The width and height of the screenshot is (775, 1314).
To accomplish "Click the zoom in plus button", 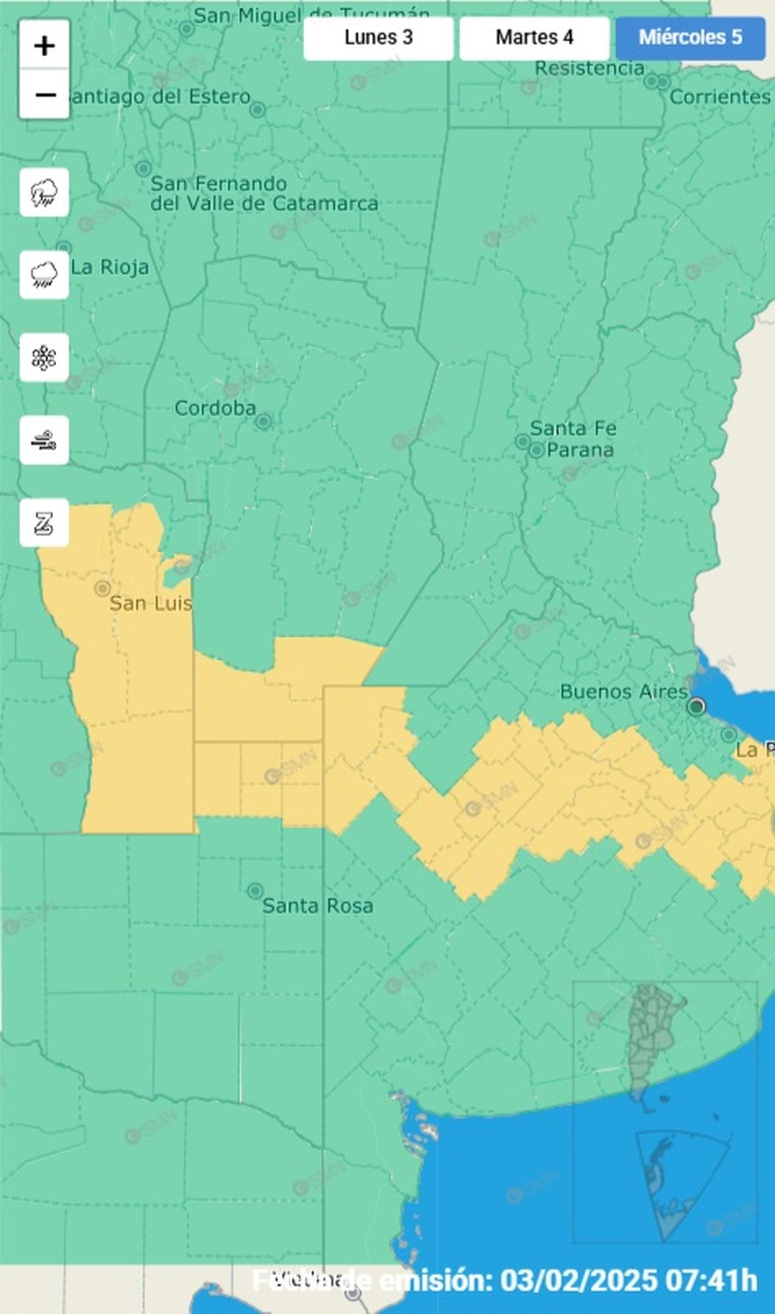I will click(45, 45).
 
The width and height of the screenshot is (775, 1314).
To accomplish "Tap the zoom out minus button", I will click(45, 94).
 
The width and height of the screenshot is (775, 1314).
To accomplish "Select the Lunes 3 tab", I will click(378, 37).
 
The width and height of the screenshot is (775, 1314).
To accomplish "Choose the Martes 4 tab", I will click(534, 37).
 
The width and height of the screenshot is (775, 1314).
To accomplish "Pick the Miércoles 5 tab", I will click(690, 37).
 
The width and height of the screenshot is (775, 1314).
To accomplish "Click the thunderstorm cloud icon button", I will click(44, 193).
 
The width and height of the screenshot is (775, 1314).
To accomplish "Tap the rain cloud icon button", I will click(44, 275).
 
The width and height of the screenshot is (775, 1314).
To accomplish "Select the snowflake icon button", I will click(44, 357).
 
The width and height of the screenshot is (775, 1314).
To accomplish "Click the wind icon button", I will click(44, 440).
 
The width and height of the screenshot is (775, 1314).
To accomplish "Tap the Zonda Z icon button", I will click(44, 523).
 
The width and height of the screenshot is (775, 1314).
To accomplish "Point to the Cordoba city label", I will click(215, 408).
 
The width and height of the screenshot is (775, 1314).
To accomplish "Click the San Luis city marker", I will click(102, 588).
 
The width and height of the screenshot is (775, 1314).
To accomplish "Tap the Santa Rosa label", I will click(317, 906).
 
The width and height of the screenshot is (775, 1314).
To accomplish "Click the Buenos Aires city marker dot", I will click(696, 706).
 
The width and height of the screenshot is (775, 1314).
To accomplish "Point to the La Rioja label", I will click(110, 267).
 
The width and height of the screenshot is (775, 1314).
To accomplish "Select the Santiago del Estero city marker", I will click(258, 110).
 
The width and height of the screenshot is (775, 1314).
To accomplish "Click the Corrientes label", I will click(720, 97).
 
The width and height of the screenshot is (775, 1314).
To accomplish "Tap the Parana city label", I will click(579, 450).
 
